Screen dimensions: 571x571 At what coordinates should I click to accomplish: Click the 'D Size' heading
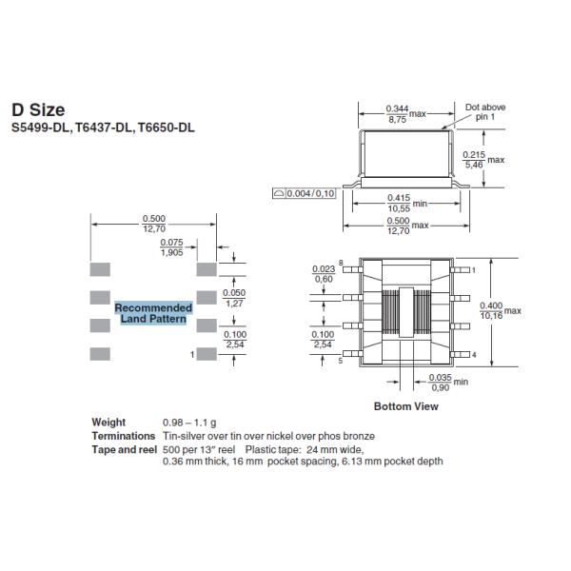pyautogui.click(x=38, y=110)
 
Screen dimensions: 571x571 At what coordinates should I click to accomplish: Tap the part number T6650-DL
pyautogui.click(x=167, y=128)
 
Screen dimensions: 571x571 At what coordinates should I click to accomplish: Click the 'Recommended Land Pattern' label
pyautogui.click(x=153, y=313)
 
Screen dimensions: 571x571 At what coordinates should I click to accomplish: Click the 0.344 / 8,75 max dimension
pyautogui.click(x=398, y=114)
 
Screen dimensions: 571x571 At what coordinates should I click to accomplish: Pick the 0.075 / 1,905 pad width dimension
pyautogui.click(x=172, y=248)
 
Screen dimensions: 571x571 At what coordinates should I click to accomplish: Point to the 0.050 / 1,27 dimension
pyautogui.click(x=233, y=298)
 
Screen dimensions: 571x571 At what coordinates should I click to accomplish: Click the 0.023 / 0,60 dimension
pyautogui.click(x=323, y=274)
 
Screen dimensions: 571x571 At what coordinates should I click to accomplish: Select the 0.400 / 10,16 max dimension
pyautogui.click(x=491, y=310)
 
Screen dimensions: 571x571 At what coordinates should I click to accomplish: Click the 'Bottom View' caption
pyautogui.click(x=405, y=406)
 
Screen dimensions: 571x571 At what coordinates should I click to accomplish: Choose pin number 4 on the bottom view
pyautogui.click(x=473, y=354)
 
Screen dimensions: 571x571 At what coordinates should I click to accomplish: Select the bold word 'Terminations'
pyautogui.click(x=123, y=435)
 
